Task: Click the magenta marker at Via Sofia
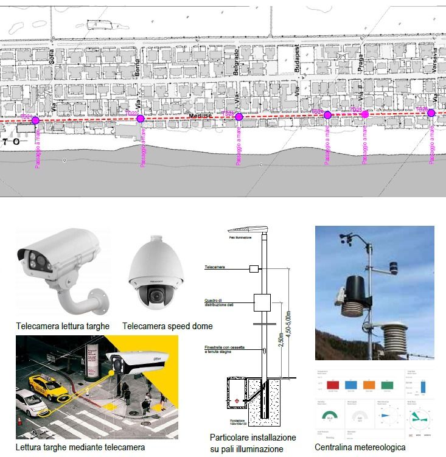coord(35,120)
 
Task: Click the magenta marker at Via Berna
coord(141,119)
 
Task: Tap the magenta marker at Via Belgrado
coord(239,117)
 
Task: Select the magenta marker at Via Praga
coord(365,114)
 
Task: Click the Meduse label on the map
coord(200,116)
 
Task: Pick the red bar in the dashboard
coord(333,385)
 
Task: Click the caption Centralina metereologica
coord(360,447)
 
